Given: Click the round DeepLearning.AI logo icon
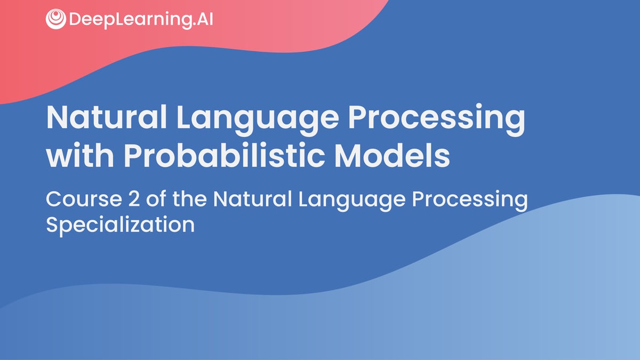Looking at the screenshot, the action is click(55, 19).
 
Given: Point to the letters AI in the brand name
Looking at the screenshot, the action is click(205, 19).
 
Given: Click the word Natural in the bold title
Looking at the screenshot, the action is click(107, 117).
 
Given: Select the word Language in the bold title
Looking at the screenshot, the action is click(258, 120).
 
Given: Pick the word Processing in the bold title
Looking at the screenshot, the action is click(437, 120).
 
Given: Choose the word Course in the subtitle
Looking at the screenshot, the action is click(84, 199).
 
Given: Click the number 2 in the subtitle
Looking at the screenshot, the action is click(134, 198).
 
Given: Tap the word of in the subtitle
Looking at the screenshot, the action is click(156, 198).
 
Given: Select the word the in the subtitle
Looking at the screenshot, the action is click(189, 198).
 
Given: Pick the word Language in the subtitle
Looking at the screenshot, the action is click(352, 201).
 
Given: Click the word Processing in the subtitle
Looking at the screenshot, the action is click(470, 201).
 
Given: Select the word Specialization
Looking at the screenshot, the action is click(121, 226).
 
